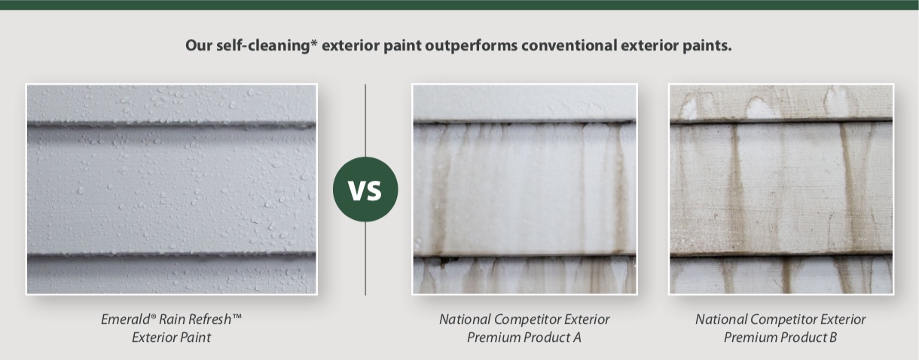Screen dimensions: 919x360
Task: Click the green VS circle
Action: (x=365, y=190)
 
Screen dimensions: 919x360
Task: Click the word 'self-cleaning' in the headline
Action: (x=263, y=45)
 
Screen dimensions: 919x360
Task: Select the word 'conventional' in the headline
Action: (x=569, y=45)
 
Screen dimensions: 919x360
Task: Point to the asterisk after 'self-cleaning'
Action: (x=314, y=43)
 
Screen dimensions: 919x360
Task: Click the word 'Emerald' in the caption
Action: (x=127, y=319)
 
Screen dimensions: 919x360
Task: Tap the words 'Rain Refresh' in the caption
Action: (x=195, y=319)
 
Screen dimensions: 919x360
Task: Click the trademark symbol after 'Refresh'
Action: (x=237, y=316)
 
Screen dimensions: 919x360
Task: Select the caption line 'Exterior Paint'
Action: (x=171, y=337)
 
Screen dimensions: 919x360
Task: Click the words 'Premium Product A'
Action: (x=524, y=337)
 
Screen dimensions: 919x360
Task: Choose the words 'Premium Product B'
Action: (x=780, y=337)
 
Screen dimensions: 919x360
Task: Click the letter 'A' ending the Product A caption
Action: (x=576, y=337)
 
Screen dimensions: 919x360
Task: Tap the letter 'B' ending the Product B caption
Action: (x=832, y=337)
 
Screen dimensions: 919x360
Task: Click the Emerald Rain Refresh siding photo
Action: (x=172, y=189)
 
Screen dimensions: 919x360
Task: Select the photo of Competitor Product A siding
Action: (x=524, y=189)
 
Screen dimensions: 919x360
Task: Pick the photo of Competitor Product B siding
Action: (x=780, y=189)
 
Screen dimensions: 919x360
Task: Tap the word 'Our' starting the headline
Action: (x=199, y=45)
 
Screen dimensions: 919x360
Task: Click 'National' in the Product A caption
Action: (x=465, y=319)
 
